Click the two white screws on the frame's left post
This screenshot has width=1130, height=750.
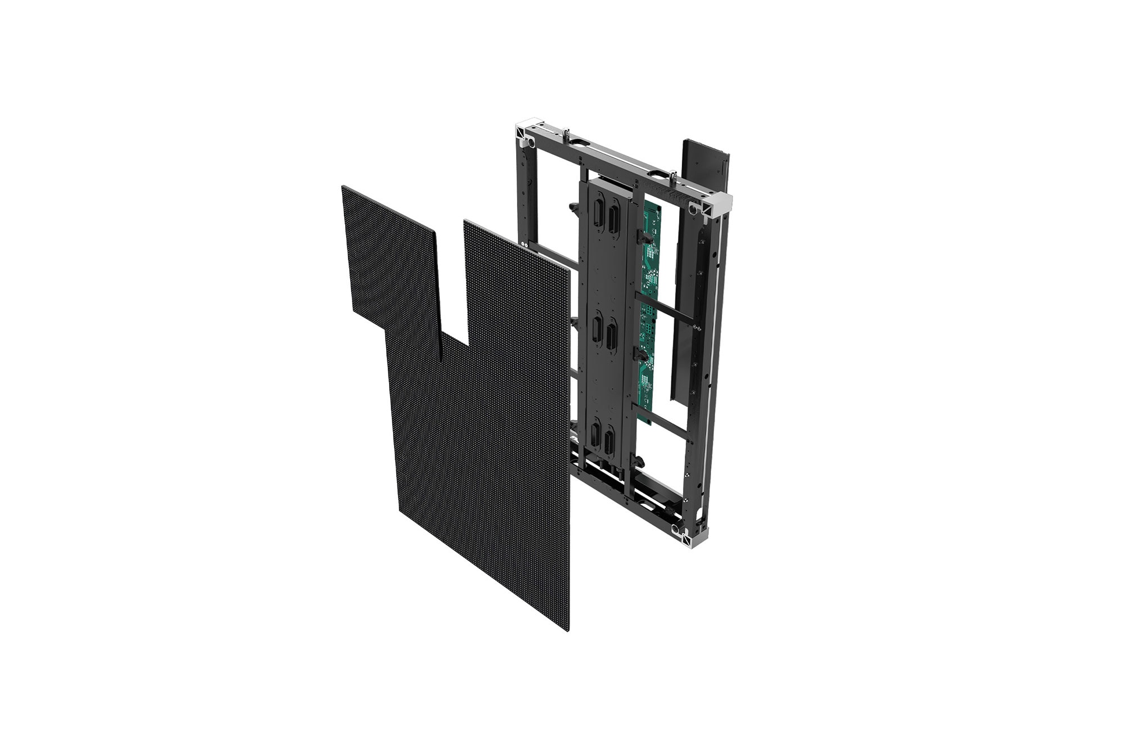click(x=525, y=245)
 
